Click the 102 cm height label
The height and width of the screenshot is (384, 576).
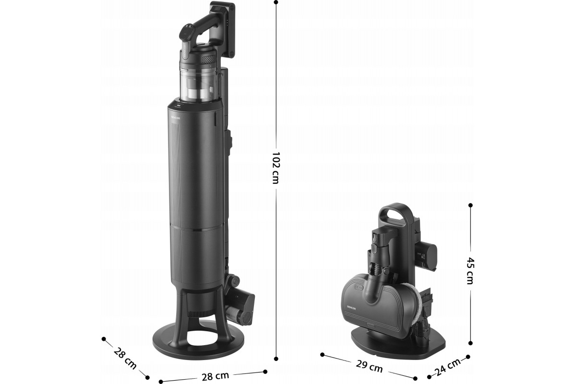tap(276, 168)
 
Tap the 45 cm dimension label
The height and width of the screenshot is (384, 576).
tap(470, 270)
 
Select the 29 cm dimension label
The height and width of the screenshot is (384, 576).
tap(369, 366)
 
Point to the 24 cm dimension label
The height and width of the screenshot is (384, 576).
tap(448, 367)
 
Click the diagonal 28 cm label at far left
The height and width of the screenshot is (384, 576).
tap(125, 358)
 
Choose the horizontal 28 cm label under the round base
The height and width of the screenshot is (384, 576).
tap(215, 376)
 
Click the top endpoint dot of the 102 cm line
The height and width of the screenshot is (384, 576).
tap(276, 2)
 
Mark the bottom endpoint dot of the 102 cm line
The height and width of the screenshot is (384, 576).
tap(276, 359)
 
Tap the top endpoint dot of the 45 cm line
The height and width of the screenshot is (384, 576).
tap(470, 205)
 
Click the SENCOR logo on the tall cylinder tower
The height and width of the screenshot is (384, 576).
tap(176, 118)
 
